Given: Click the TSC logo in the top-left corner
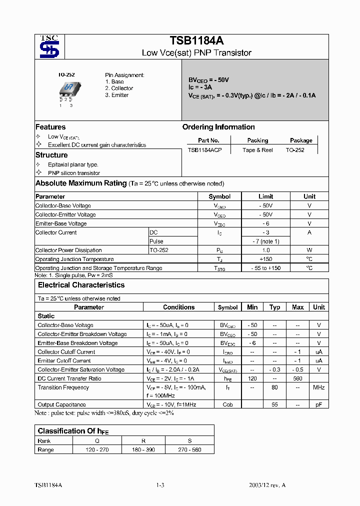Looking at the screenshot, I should (x=49, y=46).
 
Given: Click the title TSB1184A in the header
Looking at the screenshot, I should (x=196, y=41).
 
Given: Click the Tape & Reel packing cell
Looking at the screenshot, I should (x=257, y=150).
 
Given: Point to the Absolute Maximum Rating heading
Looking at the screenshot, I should (x=80, y=183).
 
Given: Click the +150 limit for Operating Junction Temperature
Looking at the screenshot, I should (x=265, y=259).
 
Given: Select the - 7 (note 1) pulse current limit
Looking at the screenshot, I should (x=265, y=241).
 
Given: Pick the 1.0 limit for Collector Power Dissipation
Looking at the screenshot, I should (x=265, y=250).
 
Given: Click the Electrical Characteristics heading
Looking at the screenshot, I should (x=81, y=285).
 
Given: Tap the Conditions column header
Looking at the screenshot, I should (x=178, y=307).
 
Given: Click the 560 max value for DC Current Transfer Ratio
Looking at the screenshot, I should (x=297, y=378).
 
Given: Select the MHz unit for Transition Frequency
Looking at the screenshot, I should (x=318, y=387).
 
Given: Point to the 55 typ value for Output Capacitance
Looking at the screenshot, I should (x=274, y=404).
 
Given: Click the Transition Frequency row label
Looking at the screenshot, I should (x=63, y=387).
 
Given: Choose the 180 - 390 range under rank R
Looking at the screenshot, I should (x=143, y=449).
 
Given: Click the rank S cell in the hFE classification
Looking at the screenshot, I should (x=189, y=441).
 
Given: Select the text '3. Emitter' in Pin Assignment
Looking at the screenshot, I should (x=116, y=95).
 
